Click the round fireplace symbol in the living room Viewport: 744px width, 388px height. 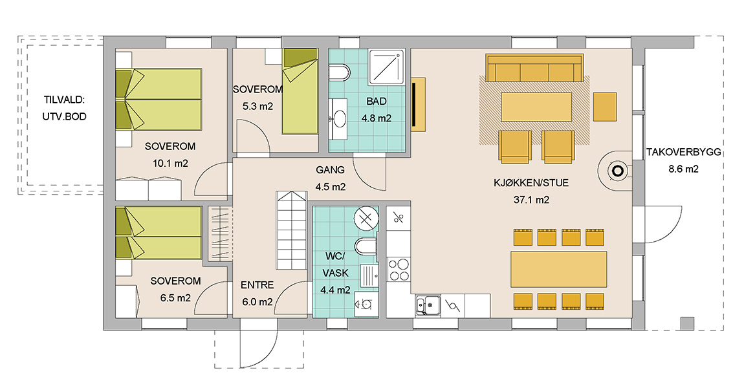point(617,171)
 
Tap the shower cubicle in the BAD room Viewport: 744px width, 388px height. point(387,67)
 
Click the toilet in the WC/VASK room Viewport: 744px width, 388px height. point(366,246)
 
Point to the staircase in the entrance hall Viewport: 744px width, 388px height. point(291,230)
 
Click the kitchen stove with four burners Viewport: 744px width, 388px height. point(399,270)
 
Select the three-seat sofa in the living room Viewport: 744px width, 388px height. point(534,68)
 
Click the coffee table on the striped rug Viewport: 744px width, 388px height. point(536,107)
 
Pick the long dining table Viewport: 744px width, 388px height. point(558,270)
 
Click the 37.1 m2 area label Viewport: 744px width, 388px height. point(531,200)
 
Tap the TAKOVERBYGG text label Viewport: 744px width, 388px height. point(683,152)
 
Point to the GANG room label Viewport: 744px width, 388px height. point(330,170)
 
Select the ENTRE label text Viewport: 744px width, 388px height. point(257,285)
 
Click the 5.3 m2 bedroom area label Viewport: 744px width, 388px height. point(257,106)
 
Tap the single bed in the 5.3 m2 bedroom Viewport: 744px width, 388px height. point(300,91)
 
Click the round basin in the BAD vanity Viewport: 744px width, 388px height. point(340,118)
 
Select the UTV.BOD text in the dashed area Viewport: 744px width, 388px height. point(65,116)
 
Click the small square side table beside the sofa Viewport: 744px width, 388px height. point(605,107)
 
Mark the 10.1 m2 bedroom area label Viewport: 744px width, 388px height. point(170,163)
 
